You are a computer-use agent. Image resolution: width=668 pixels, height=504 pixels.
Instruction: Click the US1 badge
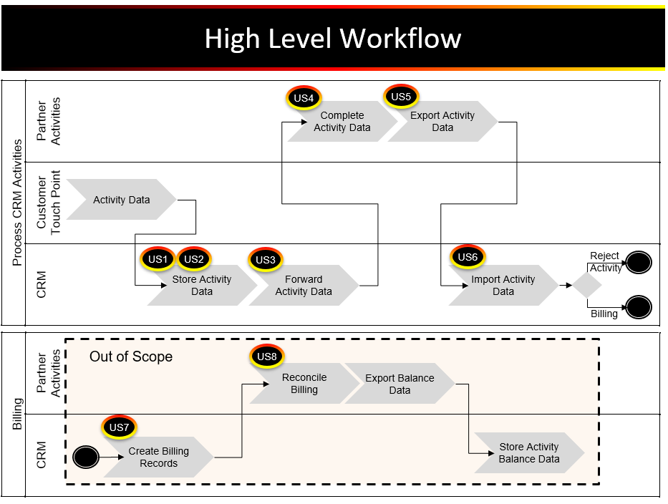(x=158, y=259)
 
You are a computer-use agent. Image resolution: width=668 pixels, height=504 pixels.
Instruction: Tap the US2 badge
(x=194, y=259)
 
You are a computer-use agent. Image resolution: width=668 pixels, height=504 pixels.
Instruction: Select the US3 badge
(x=266, y=260)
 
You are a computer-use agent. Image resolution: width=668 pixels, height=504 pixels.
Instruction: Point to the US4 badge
(x=304, y=98)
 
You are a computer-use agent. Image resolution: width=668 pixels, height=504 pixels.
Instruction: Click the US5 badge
(x=401, y=97)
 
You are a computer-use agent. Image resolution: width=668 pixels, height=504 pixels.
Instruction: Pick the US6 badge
(x=468, y=257)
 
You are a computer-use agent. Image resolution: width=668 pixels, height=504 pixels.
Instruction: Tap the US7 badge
(x=120, y=427)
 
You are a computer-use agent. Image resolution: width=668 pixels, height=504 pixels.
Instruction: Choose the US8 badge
(x=267, y=357)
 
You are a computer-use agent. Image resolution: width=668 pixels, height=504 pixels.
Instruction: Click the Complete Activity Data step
(x=342, y=122)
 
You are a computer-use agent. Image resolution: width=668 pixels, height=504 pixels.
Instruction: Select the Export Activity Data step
(x=442, y=122)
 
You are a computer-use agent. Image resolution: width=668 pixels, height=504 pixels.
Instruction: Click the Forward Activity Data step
(x=304, y=286)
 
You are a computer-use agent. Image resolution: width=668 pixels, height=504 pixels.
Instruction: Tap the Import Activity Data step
(x=503, y=286)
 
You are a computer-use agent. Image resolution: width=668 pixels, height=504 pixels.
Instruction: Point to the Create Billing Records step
(x=158, y=457)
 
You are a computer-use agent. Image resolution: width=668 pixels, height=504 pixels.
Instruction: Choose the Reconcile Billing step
(x=304, y=384)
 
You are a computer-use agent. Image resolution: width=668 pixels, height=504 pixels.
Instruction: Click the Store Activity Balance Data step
(x=529, y=453)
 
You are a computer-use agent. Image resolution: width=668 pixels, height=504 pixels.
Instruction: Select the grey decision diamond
(x=587, y=285)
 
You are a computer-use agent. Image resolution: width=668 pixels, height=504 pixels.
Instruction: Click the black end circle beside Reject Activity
(x=639, y=262)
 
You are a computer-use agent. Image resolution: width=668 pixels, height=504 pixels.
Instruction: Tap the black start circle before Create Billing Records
(x=86, y=457)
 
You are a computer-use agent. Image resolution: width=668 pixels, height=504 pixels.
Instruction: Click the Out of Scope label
(x=131, y=357)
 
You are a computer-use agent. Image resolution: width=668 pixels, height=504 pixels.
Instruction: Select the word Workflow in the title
(x=400, y=39)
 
